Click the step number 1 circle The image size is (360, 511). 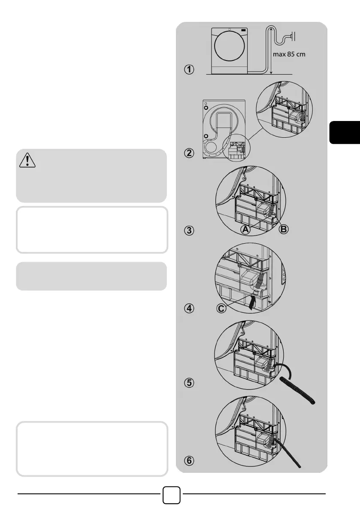(189, 70)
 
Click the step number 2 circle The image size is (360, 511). (189, 153)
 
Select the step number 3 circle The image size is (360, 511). (189, 230)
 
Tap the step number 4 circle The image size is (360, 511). (189, 308)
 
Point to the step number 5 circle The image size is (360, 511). (189, 384)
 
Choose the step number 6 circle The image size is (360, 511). (189, 461)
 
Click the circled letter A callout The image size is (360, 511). (245, 230)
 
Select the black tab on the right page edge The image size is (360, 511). (345, 132)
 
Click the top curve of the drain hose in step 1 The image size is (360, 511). (271, 27)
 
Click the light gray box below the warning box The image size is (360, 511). (91, 276)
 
